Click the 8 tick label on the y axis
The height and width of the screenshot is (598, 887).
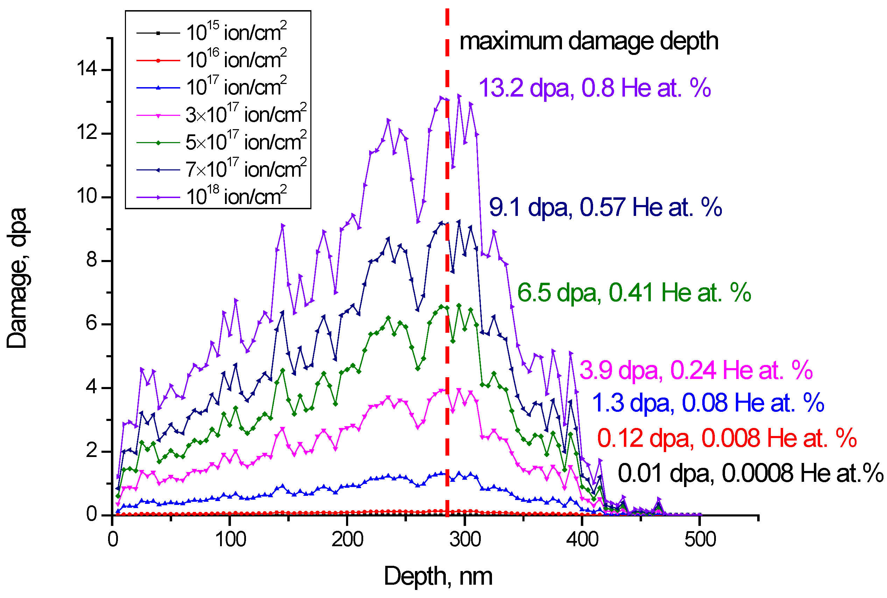point(92,260)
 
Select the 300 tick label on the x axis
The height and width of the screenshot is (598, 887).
point(465,540)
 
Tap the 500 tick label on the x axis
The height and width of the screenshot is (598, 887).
point(700,540)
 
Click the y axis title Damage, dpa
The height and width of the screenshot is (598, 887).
point(17,278)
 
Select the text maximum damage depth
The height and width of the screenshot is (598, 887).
point(589,41)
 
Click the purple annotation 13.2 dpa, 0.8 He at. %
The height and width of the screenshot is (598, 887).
point(594,88)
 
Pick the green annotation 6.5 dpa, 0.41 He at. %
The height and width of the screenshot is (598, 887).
point(634,293)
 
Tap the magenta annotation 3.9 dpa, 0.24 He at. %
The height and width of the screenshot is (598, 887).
point(696,370)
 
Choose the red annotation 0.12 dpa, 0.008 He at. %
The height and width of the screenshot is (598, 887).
point(727,438)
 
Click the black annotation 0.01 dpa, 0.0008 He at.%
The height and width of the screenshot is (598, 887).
point(750,473)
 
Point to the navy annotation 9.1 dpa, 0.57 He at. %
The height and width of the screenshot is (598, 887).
point(605,208)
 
